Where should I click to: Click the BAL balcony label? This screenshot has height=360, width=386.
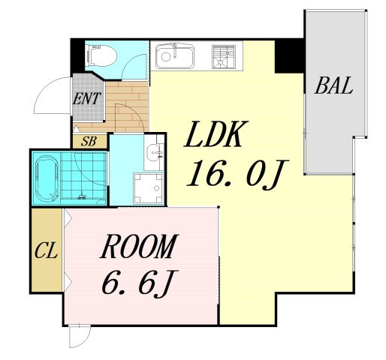[333, 85]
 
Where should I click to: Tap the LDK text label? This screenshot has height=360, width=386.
[216, 133]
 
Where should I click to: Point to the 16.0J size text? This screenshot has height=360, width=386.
[238, 173]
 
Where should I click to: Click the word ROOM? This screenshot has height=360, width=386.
[139, 246]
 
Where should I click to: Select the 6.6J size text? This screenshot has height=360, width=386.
[140, 283]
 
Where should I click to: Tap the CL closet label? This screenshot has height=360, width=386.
[47, 250]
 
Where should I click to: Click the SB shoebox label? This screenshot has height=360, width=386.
[89, 142]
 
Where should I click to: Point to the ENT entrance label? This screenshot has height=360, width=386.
[86, 98]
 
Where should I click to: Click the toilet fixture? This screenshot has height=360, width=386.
[101, 55]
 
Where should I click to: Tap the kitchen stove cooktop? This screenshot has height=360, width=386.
[224, 57]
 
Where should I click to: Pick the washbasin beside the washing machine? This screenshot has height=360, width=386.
[155, 153]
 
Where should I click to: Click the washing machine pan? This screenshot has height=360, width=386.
[149, 188]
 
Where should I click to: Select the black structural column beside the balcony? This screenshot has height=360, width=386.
[289, 55]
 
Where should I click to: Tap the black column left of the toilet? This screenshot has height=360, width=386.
[77, 55]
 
